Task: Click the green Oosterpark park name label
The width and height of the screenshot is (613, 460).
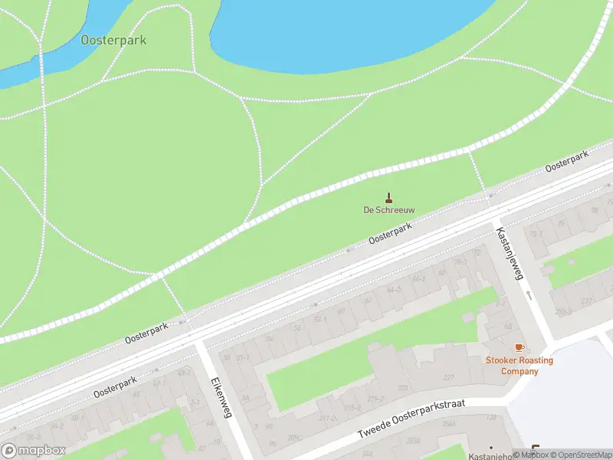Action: pyautogui.click(x=113, y=40)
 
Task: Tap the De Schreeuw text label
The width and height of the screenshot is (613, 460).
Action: pyautogui.click(x=388, y=209)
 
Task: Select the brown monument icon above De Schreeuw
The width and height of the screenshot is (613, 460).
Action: pyautogui.click(x=388, y=197)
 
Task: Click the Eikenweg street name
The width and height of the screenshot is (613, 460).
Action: pyautogui.click(x=221, y=396)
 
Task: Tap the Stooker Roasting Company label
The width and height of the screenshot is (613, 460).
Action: pyautogui.click(x=520, y=366)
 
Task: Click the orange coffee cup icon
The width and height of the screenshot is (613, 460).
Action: pyautogui.click(x=520, y=348)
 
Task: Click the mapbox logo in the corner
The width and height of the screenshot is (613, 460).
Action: pyautogui.click(x=34, y=451)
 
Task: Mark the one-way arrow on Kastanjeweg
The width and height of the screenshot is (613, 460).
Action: pyautogui.click(x=529, y=294)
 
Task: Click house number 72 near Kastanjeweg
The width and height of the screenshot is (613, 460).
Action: pyautogui.click(x=477, y=252)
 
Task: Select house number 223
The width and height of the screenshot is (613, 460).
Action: pyautogui.click(x=403, y=389)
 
